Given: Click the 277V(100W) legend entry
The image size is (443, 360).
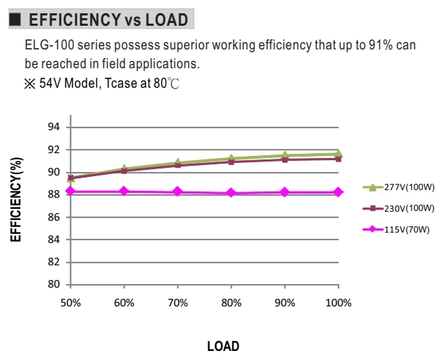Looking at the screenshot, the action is pos(398,187).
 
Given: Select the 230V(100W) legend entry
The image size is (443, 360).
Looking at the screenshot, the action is pos(398,208).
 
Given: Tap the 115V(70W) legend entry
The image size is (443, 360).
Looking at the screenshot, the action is pos(396,229).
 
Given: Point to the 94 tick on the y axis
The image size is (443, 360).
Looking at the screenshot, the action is pos(54,127).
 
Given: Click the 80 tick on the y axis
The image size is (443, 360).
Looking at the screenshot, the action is pos(54,284).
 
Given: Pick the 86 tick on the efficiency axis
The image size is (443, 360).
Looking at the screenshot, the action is pos(54,217).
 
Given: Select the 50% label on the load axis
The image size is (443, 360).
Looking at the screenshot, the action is pos(70,303).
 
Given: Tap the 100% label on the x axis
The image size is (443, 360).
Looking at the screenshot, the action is pos(339,303).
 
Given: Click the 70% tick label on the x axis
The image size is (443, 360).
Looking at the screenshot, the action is pos(178,303).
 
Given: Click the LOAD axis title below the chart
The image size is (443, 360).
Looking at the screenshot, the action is pos(223,346).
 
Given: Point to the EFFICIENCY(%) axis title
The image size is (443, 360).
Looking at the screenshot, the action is pos(16,199).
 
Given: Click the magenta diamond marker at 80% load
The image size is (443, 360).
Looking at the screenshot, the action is pos(231,193).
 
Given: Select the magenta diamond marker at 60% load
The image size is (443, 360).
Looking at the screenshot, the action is pos(124,191).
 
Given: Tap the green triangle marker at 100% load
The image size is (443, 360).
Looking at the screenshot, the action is pos(339,154).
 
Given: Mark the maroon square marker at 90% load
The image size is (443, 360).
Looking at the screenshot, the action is pos(285,160).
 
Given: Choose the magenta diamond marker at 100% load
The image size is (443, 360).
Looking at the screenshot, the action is pos(339,192).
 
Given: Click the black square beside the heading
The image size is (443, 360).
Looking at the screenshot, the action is pos(15,19).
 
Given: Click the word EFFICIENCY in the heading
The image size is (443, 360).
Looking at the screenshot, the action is pos(75,19).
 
